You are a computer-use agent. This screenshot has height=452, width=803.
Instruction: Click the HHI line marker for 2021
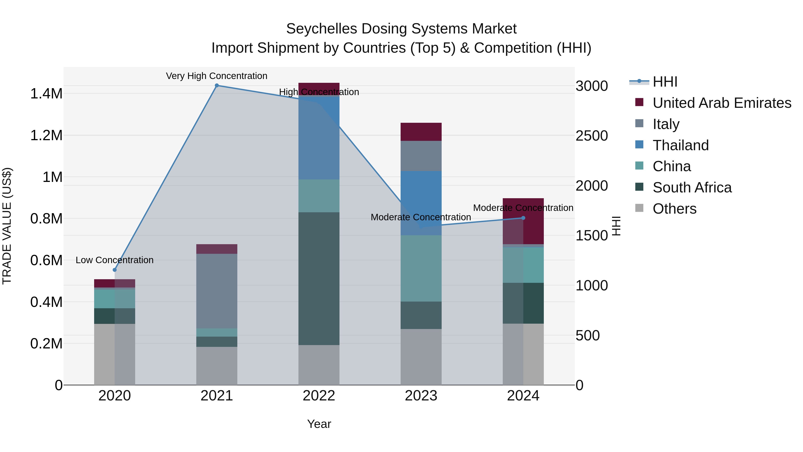(217, 85)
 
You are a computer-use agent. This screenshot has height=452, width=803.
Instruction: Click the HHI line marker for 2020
(114, 270)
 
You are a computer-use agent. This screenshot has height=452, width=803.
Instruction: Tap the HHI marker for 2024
(523, 218)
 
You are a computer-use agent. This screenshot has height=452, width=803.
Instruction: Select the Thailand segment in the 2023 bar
(421, 203)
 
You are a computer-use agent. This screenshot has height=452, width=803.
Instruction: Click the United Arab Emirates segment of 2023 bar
(421, 132)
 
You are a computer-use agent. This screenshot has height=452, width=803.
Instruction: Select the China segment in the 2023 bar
(421, 268)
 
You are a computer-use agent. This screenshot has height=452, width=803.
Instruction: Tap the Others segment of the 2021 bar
(217, 366)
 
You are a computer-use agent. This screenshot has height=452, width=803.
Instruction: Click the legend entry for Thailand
(681, 145)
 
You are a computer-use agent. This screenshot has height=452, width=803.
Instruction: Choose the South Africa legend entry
(692, 187)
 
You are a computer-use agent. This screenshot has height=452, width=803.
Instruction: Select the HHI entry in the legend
(665, 82)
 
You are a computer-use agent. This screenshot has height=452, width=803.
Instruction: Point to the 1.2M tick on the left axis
(46, 135)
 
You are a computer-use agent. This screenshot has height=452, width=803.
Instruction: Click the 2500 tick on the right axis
(591, 136)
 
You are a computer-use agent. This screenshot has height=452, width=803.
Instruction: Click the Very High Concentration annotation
(217, 76)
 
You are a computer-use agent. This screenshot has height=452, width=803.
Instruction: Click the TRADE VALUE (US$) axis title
(7, 226)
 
